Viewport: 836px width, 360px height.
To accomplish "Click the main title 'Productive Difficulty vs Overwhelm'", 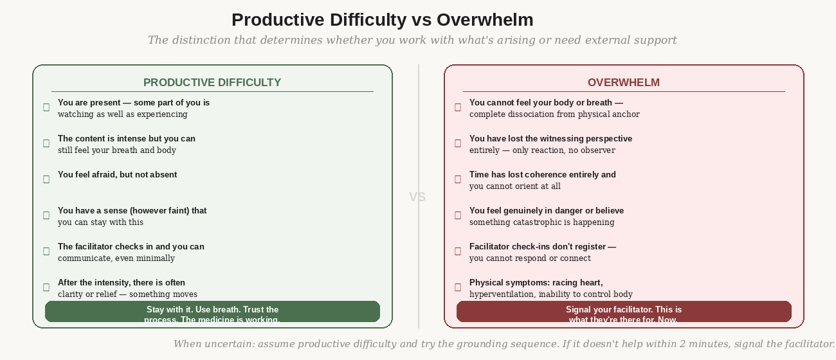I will [382, 20].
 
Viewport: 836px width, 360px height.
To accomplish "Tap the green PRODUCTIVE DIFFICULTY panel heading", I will [212, 82].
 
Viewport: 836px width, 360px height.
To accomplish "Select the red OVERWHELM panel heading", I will [624, 82].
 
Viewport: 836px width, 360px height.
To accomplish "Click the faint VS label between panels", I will [417, 197].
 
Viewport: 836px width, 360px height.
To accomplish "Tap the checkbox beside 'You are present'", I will [46, 107].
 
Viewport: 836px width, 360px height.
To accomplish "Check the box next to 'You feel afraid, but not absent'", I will [46, 179].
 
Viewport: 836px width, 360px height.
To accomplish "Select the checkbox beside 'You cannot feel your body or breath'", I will [458, 107].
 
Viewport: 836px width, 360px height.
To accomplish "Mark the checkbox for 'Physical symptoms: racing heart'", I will [458, 287].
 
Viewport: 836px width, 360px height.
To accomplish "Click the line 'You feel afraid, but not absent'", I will [117, 174].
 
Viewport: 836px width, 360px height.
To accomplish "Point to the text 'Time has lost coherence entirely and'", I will [542, 174].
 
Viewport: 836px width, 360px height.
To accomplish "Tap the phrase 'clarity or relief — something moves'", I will [127, 294].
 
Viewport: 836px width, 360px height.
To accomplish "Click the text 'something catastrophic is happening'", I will [541, 222].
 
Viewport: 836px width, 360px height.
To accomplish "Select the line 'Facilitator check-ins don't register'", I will [542, 246].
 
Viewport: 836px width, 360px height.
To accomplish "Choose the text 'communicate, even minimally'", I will [116, 258].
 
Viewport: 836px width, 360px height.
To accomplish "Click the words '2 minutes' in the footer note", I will [704, 344].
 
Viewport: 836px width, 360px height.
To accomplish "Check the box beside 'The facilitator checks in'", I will [46, 251].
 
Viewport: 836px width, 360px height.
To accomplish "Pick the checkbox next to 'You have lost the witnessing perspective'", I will [458, 143].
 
